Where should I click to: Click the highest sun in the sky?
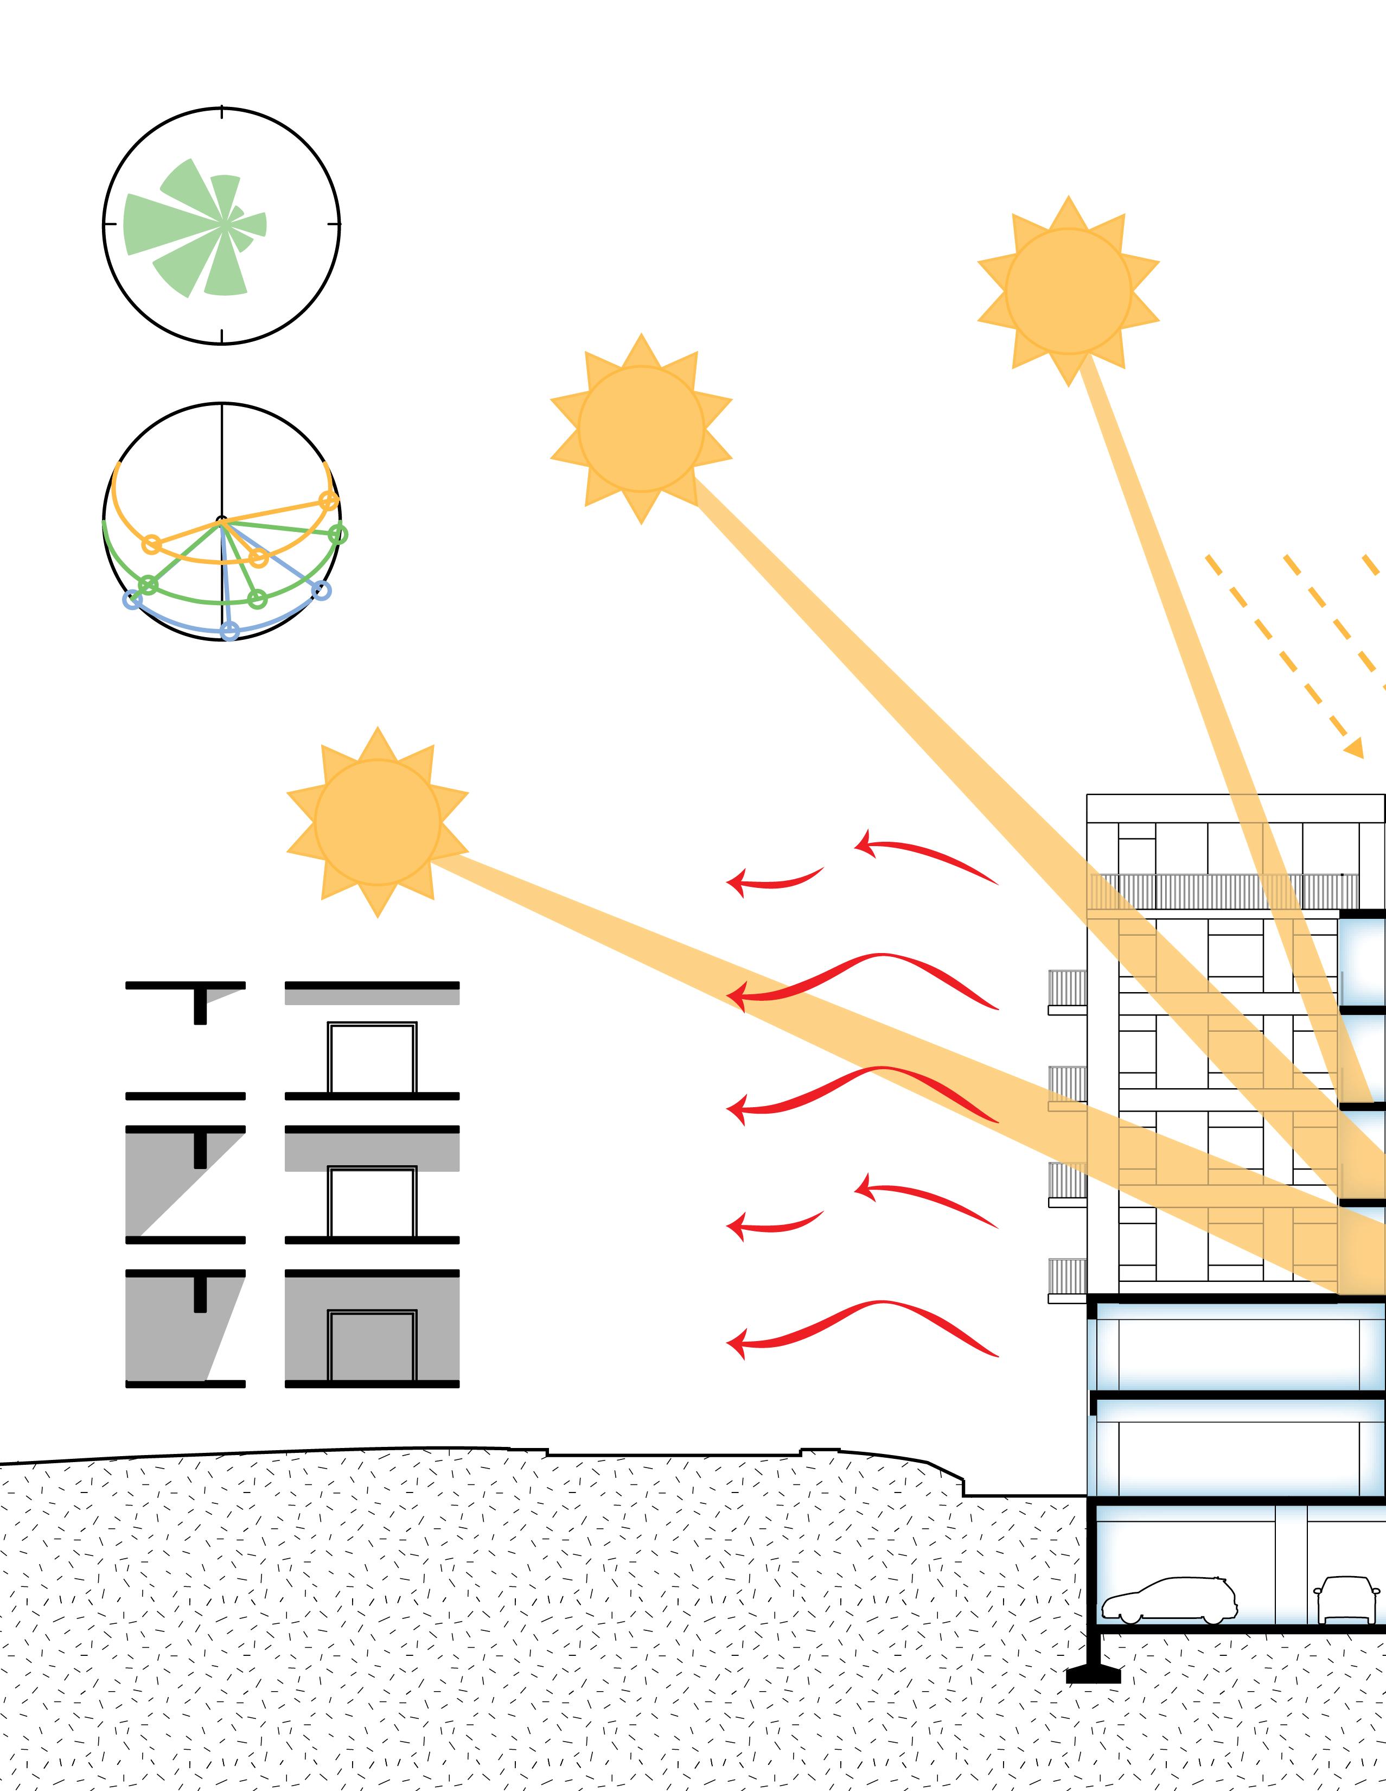pos(1068,290)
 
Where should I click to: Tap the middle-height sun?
pos(641,428)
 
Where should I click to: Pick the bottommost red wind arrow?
pos(860,1329)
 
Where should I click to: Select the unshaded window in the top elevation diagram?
pos(372,1058)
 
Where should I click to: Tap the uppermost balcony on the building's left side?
pos(1067,990)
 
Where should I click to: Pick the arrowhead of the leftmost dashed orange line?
pos(1356,750)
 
